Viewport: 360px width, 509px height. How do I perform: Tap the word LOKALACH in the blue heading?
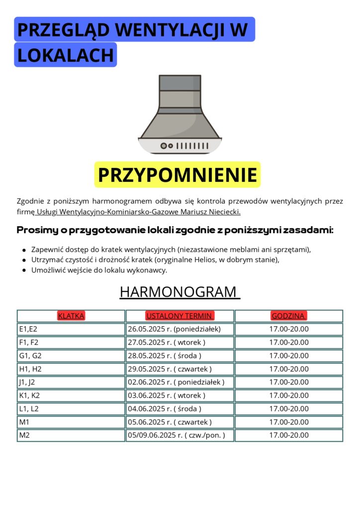(x=66, y=55)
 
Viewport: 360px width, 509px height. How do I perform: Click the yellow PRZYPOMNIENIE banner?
(x=178, y=175)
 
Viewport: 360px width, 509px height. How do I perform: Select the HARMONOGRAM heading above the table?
(x=180, y=292)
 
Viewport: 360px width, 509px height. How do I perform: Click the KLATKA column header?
(x=71, y=316)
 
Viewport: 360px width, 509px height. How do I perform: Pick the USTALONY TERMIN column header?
(x=180, y=316)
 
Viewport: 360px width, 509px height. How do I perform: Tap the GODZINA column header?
(x=288, y=316)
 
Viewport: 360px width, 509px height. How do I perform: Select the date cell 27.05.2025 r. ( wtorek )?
(x=167, y=342)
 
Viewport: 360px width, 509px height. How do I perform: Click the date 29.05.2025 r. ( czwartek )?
(x=170, y=369)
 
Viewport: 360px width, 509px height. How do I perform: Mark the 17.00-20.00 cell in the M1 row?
(x=289, y=422)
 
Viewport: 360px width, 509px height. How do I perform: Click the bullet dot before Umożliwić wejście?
(x=24, y=271)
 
